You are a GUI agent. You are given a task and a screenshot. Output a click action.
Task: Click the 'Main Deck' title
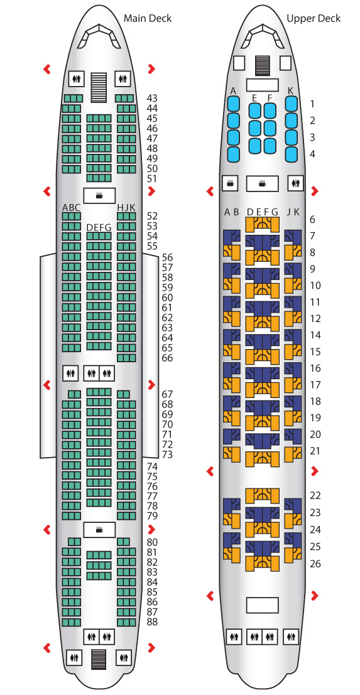[147, 18]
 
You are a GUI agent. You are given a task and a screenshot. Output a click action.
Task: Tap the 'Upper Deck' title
[314, 18]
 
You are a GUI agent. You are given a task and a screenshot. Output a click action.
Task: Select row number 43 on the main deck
[152, 99]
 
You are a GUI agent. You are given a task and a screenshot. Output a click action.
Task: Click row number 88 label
[152, 622]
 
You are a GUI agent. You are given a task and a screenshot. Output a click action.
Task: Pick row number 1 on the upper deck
[312, 104]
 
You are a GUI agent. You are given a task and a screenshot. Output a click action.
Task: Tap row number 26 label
[315, 564]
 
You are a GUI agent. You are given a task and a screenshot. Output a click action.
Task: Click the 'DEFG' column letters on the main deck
[99, 227]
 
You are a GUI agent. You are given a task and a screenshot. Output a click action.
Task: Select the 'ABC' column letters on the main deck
[72, 207]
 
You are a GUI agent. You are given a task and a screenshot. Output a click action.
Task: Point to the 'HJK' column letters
[126, 207]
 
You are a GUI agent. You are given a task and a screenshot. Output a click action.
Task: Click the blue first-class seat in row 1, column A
[234, 104]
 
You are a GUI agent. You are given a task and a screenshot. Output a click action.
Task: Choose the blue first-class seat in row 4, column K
[292, 154]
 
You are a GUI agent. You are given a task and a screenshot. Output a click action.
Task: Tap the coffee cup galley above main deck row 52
[99, 195]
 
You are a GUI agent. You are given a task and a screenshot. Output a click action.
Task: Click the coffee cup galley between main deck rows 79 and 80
[99, 530]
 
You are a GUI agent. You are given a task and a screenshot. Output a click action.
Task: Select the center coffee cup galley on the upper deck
[262, 184]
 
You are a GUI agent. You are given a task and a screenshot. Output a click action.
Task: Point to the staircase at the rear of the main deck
[99, 659]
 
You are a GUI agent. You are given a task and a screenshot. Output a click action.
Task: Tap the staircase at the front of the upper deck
[263, 65]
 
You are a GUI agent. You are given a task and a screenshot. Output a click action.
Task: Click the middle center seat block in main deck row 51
[99, 178]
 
